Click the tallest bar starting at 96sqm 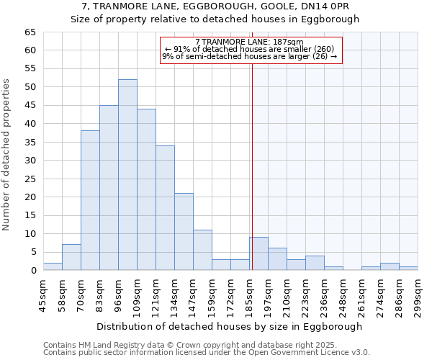click(127, 175)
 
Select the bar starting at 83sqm click(109, 187)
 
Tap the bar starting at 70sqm click(90, 200)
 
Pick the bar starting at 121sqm click(165, 207)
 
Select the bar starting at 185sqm click(258, 253)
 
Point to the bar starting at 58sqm click(71, 257)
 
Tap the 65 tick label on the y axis click(30, 32)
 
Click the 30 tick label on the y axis click(30, 161)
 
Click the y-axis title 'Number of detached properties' click(7, 155)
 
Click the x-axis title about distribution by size click(229, 326)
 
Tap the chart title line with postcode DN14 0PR click(215, 6)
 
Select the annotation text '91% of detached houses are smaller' click(249, 49)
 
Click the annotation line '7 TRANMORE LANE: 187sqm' click(249, 42)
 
